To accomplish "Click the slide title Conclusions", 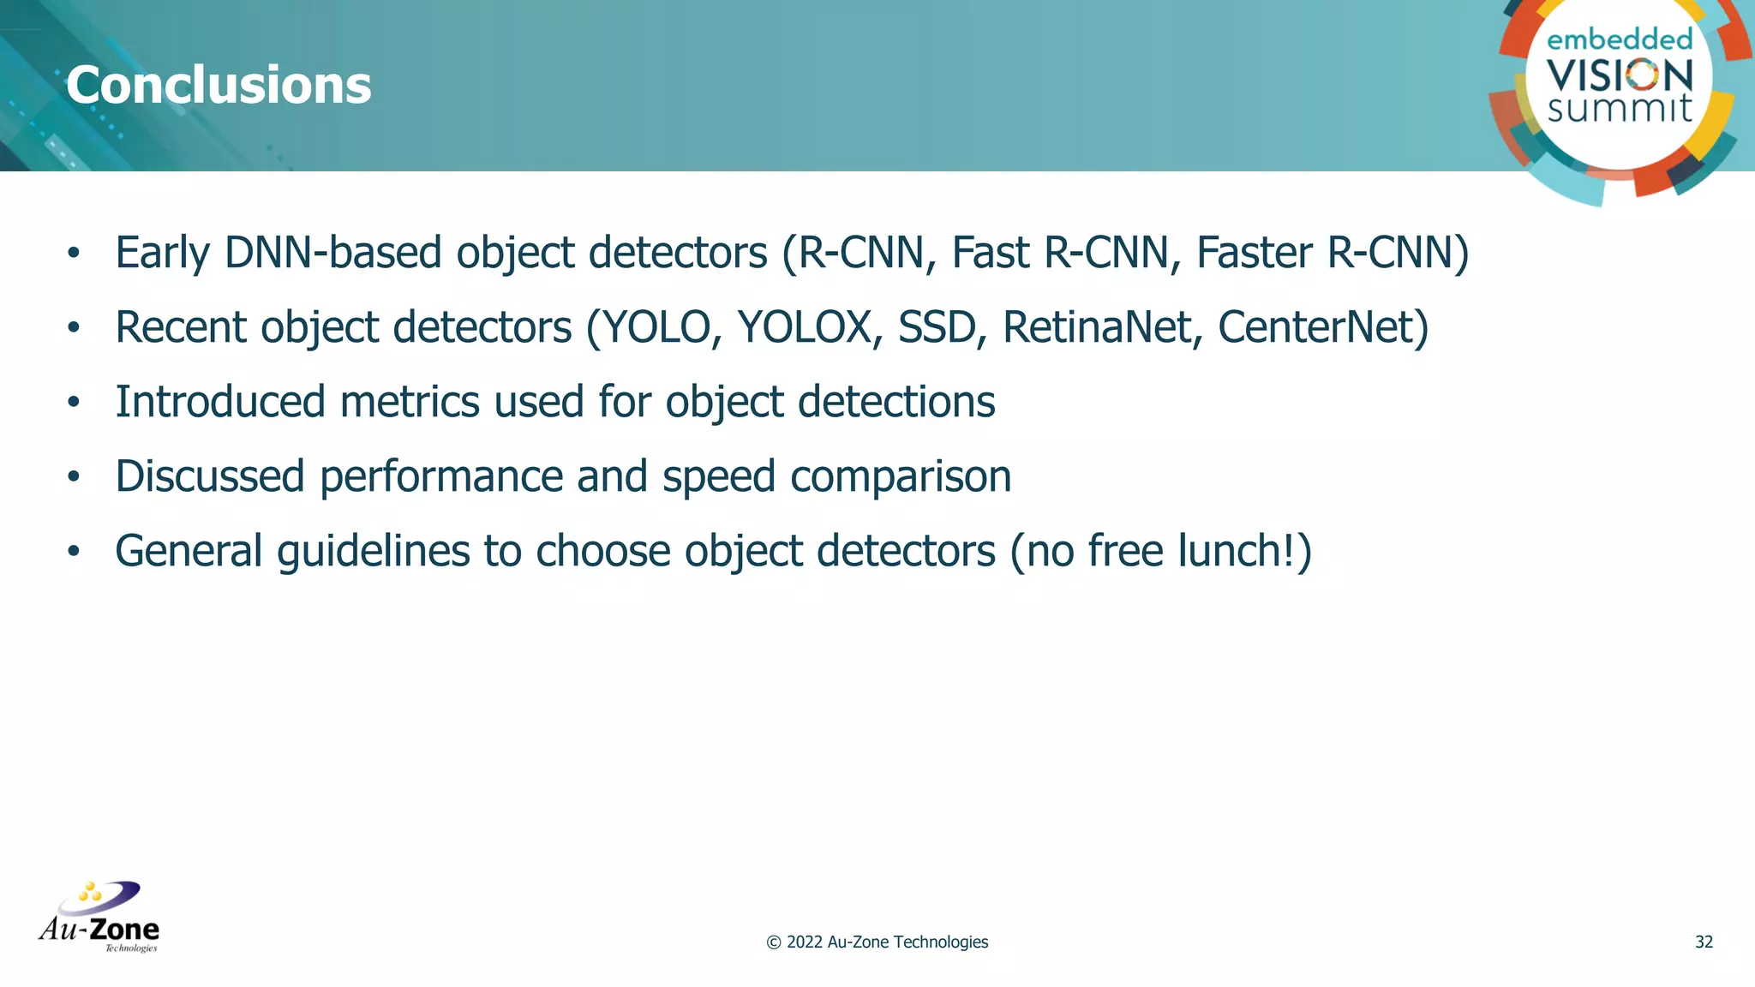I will (x=219, y=86).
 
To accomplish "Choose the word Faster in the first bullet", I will (x=1254, y=253).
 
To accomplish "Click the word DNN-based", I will (x=332, y=253).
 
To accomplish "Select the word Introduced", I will (x=220, y=402).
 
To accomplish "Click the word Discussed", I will (x=210, y=476).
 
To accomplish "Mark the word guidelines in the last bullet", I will (x=373, y=551).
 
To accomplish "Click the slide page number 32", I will (x=1704, y=942).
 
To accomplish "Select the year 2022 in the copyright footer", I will (x=805, y=942).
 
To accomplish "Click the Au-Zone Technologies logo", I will (x=99, y=918).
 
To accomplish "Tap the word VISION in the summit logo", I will (x=1620, y=75).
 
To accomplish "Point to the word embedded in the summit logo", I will (x=1620, y=39).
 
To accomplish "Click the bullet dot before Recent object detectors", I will (x=74, y=327).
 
